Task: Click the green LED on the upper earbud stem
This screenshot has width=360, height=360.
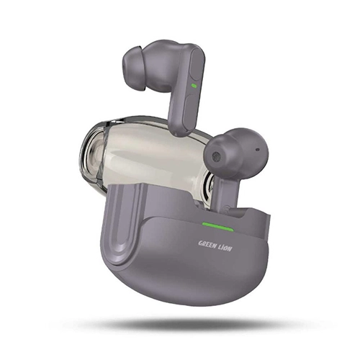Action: tap(194, 85)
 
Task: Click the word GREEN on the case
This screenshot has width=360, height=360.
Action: tap(207, 243)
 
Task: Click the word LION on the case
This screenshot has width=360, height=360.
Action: tap(226, 248)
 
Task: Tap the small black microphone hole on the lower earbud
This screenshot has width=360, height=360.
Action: tap(258, 150)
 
